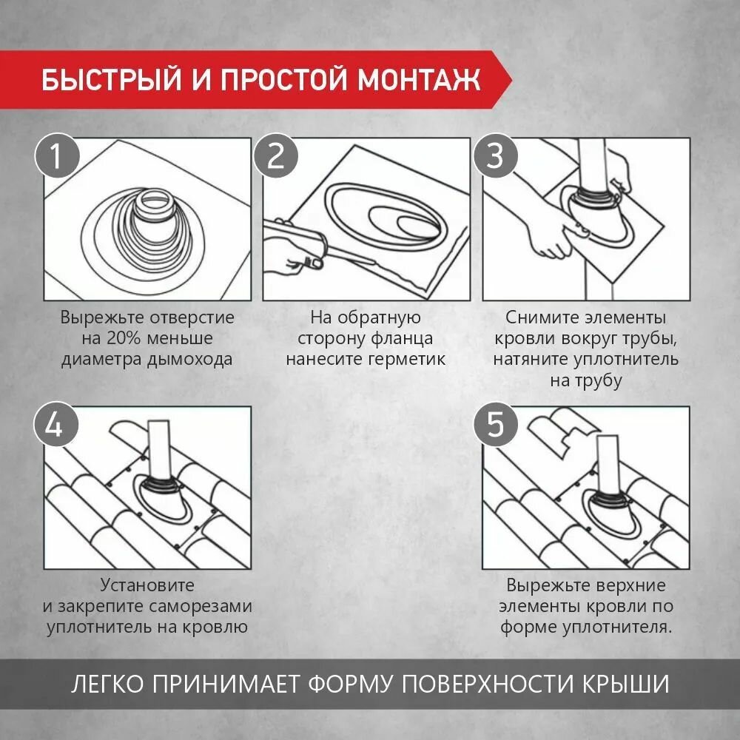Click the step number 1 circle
tap(56, 156)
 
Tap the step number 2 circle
tap(275, 156)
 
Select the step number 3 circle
tap(495, 156)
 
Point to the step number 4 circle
tap(55, 425)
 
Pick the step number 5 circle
tap(495, 425)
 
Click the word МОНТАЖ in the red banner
tap(419, 79)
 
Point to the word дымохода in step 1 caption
tap(189, 360)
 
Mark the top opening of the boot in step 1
tap(155, 201)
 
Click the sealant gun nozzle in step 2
tap(349, 255)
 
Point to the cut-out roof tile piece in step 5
tap(562, 431)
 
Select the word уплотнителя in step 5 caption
tap(617, 628)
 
